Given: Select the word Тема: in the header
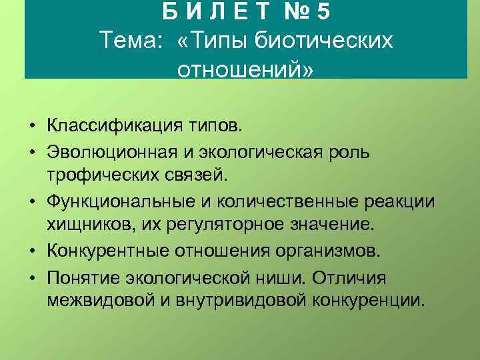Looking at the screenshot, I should (x=131, y=41).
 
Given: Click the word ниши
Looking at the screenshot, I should (x=300, y=277).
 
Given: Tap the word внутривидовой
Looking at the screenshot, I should (x=233, y=301).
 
